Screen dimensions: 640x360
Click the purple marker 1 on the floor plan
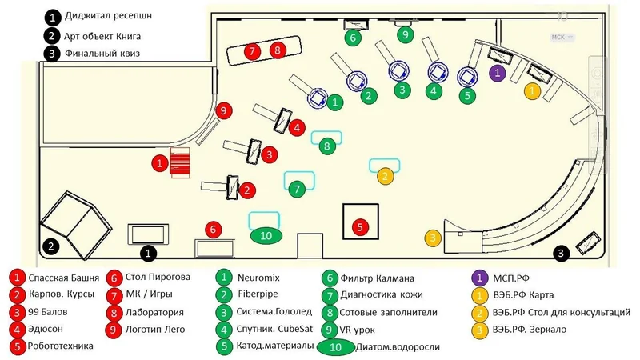click(497, 73)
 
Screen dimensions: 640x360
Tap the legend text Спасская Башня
click(64, 278)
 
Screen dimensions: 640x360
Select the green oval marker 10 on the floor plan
click(266, 236)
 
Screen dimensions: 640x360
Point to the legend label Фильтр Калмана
click(377, 278)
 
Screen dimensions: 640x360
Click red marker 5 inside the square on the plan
click(359, 227)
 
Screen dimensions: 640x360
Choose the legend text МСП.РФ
click(511, 278)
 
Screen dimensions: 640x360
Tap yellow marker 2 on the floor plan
click(385, 176)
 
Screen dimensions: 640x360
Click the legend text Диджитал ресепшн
click(108, 15)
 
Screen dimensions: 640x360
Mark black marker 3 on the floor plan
click(561, 254)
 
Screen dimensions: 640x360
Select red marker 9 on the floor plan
click(224, 110)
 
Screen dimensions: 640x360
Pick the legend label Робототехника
click(61, 346)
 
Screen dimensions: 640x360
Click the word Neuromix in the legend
click(258, 278)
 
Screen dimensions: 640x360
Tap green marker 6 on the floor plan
click(353, 38)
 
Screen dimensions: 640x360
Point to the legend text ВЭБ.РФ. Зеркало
click(530, 330)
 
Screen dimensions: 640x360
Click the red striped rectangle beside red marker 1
click(180, 163)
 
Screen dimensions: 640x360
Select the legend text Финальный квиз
click(102, 54)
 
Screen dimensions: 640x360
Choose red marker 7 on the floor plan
click(252, 51)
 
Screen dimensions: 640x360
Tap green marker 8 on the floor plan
click(327, 146)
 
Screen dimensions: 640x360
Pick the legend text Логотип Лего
click(155, 329)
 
